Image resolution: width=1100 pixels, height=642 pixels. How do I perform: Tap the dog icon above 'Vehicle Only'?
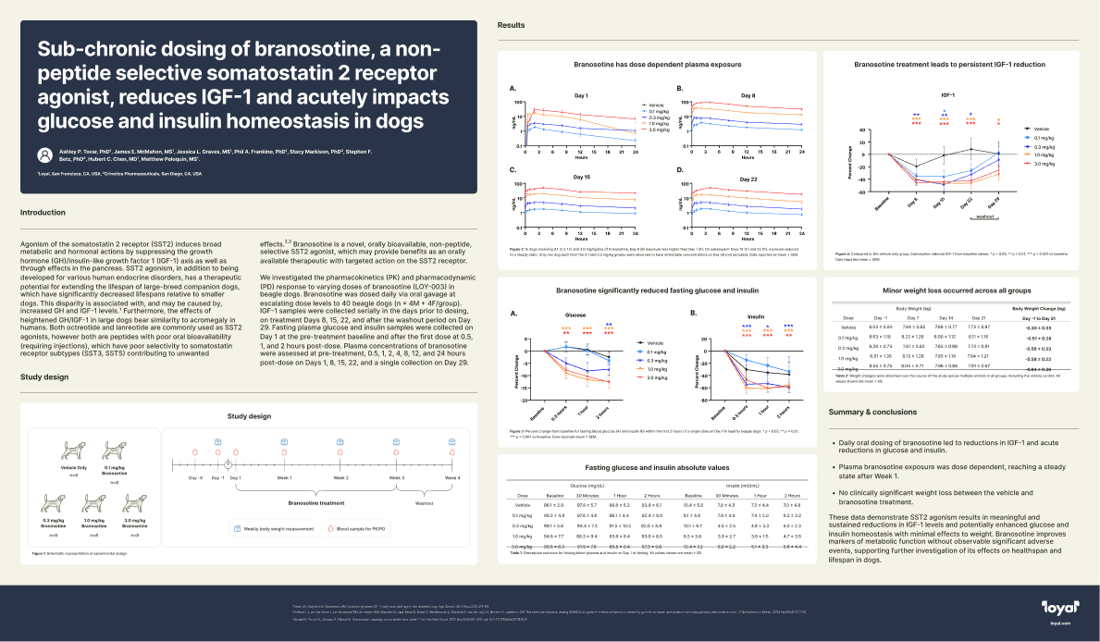click(x=74, y=451)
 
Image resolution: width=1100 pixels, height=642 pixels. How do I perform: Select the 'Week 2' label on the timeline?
click(x=340, y=477)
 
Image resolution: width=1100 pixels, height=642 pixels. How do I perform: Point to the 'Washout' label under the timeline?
click(x=424, y=503)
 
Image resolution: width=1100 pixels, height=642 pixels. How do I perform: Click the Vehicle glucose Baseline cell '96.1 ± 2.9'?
click(x=555, y=505)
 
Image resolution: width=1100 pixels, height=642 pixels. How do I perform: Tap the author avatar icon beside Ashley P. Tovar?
click(x=43, y=153)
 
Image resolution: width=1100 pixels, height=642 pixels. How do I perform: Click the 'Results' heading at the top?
click(x=512, y=26)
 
